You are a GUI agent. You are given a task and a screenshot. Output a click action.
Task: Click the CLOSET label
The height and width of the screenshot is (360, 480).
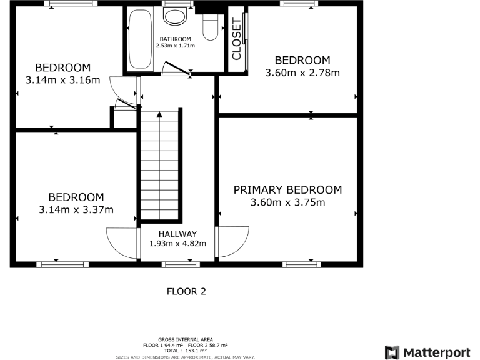tap(237, 39)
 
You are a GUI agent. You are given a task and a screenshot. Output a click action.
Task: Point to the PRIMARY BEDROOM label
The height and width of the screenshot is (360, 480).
tap(287, 190)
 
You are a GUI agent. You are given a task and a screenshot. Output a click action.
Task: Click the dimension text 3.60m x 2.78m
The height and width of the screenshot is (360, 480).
tap(302, 72)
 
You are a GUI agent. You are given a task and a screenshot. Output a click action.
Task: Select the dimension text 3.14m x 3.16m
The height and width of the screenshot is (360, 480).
tap(62, 80)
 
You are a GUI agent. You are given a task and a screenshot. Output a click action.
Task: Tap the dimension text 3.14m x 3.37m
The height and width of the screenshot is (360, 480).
tap(76, 209)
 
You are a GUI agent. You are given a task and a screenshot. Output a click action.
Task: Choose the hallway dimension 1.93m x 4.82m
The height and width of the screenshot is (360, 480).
tap(177, 244)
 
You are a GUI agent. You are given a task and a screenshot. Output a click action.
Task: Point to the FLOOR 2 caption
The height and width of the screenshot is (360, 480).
tap(186, 291)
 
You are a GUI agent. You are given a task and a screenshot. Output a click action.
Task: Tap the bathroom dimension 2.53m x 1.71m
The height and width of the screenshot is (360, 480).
tap(176, 46)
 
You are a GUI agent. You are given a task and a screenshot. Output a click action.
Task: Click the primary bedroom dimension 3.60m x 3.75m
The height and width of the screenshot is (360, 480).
tap(287, 202)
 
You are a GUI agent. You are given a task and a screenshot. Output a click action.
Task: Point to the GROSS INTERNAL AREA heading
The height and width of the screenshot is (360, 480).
tap(184, 339)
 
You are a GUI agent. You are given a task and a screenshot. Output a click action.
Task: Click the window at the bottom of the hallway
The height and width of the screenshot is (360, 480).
tap(181, 264)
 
